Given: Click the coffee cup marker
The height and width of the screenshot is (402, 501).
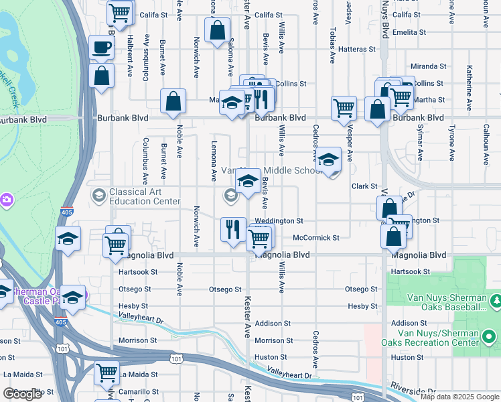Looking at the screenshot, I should (x=102, y=48).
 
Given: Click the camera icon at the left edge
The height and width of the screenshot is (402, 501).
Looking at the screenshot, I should (x=6, y=199).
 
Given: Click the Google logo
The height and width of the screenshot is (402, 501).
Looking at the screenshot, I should (x=22, y=394).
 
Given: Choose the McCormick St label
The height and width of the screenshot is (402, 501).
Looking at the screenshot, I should (x=316, y=237).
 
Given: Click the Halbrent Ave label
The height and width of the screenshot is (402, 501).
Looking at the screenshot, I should (x=129, y=46).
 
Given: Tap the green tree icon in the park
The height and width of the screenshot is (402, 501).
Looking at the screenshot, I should (x=494, y=299).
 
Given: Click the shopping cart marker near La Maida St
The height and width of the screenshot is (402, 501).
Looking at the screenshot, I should (x=107, y=374).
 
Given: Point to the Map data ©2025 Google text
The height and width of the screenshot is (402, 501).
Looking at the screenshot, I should (x=459, y=396).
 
